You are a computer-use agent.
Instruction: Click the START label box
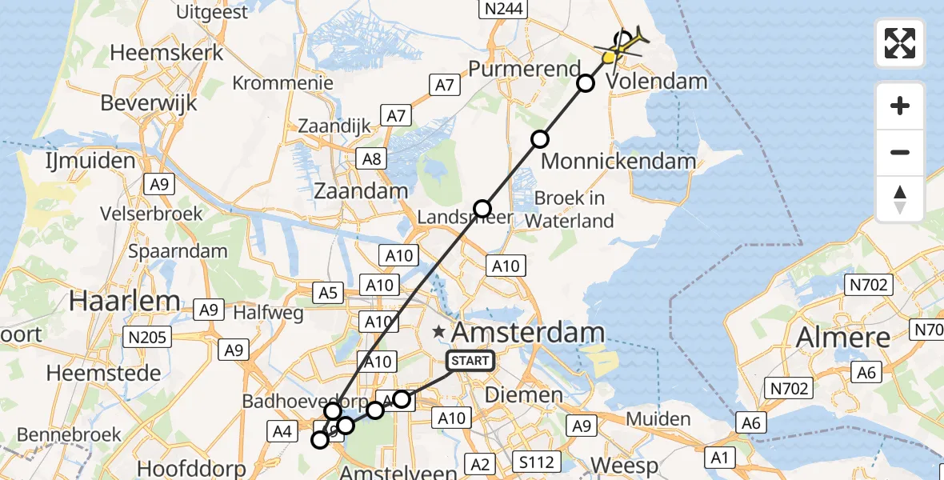pos(470,361)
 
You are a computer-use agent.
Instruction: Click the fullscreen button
pos(900,43)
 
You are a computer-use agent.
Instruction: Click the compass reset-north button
pos(900,199)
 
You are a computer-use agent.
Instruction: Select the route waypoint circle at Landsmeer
pos(482,209)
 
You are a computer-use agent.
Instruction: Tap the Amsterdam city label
pos(529,332)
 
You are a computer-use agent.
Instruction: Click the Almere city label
pos(843,337)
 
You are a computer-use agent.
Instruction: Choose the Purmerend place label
pos(523,69)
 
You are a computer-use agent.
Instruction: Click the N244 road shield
pos(502,9)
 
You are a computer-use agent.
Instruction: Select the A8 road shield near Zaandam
pos(372,158)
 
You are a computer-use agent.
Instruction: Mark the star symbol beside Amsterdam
pos(438,331)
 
